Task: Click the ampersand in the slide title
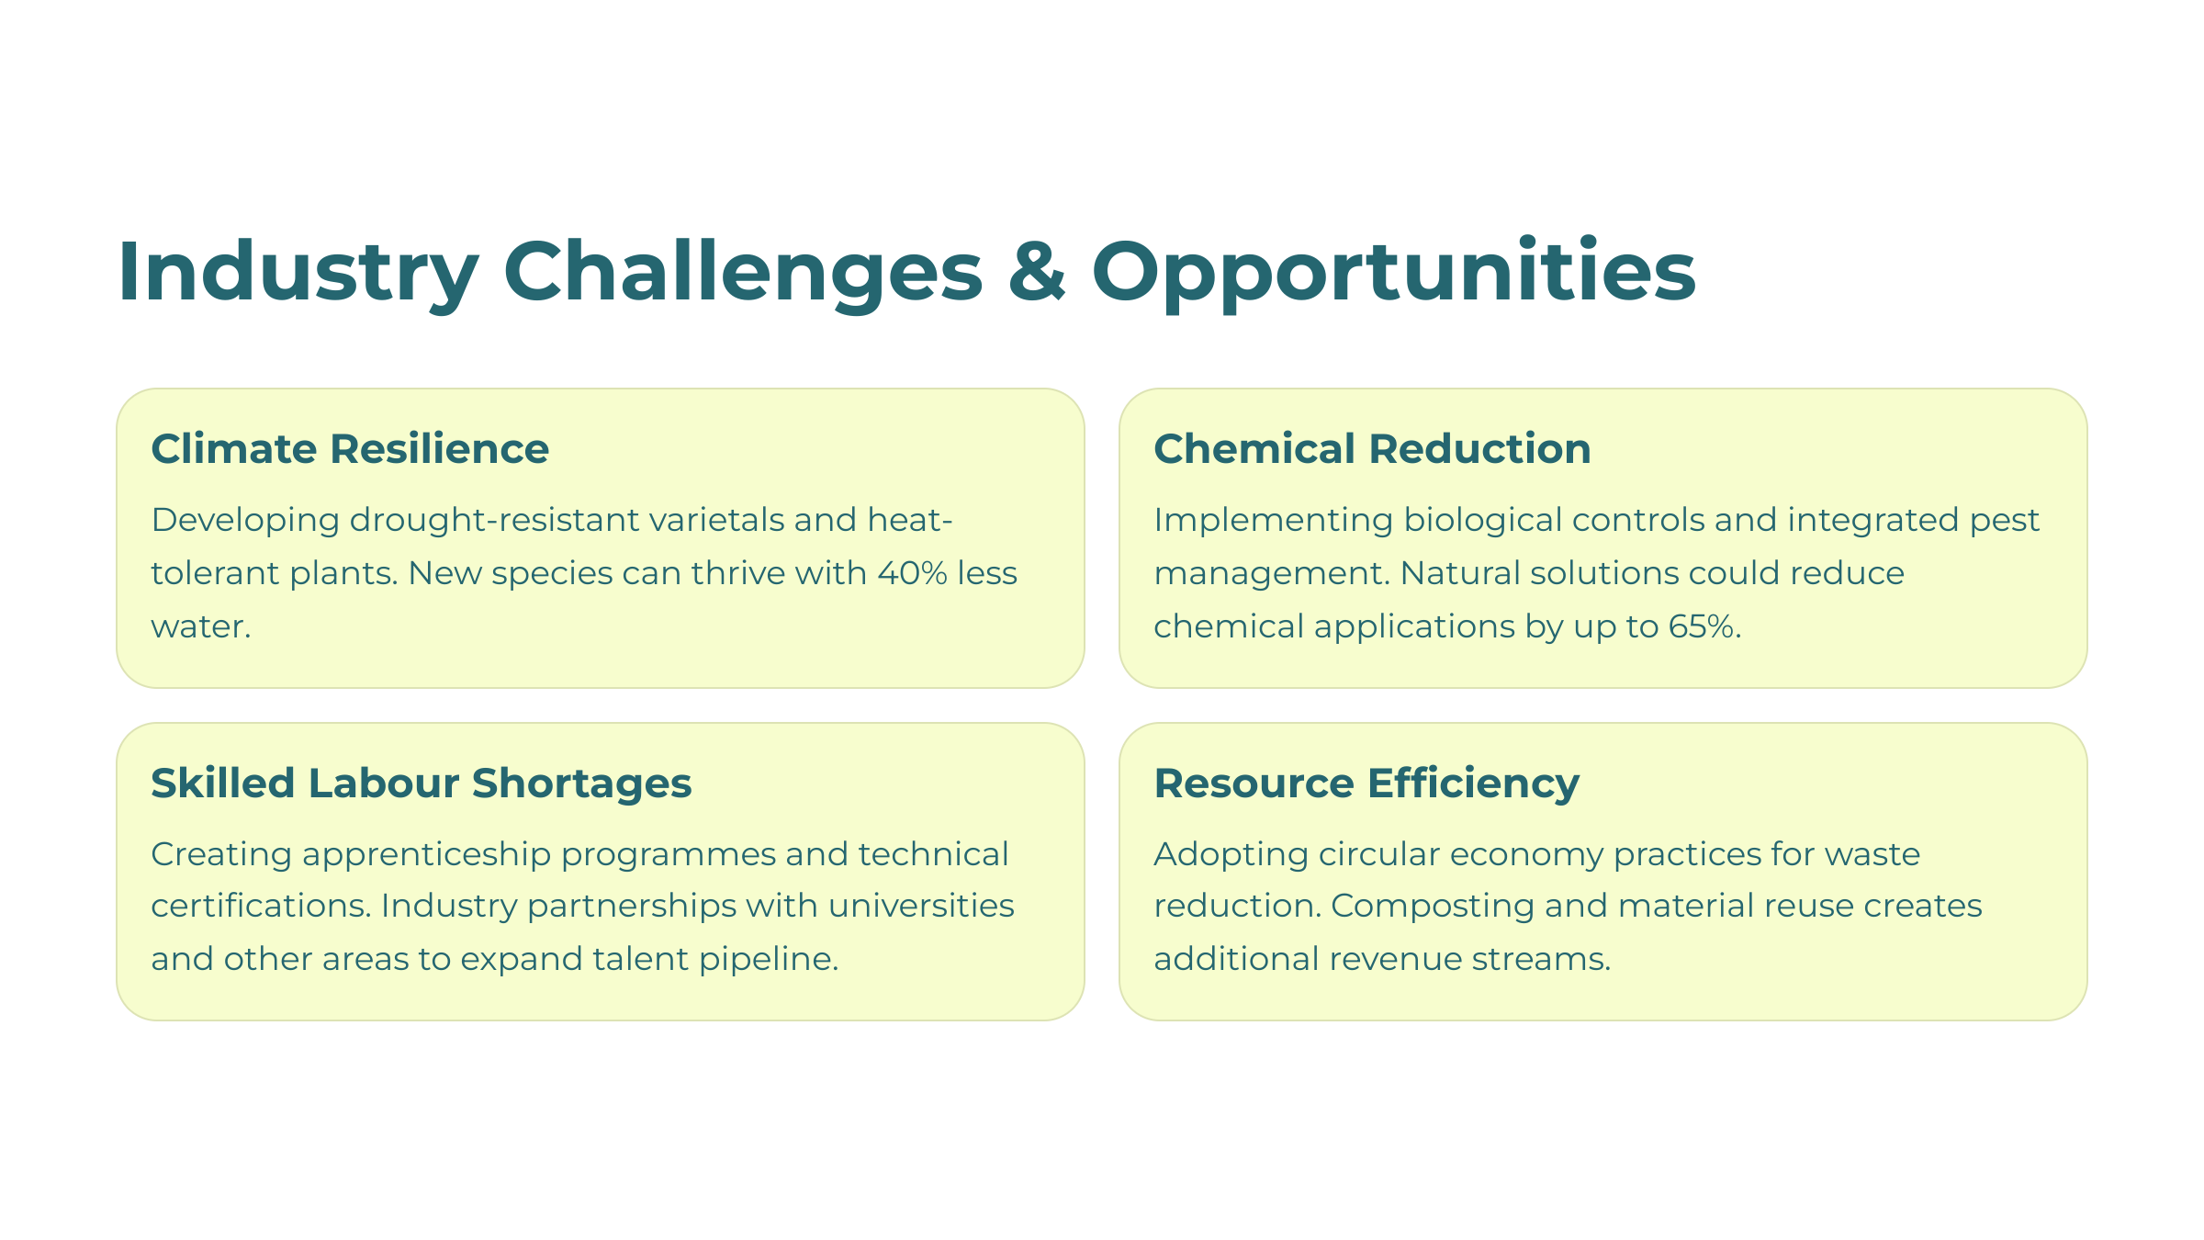pos(1038,271)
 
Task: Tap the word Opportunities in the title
pos(1393,273)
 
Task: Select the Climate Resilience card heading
pos(350,449)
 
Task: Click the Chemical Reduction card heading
pos(1372,449)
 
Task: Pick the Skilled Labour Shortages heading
pos(422,783)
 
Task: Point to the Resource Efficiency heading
pos(1366,784)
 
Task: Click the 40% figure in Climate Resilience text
pos(913,573)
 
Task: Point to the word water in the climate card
pos(200,627)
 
